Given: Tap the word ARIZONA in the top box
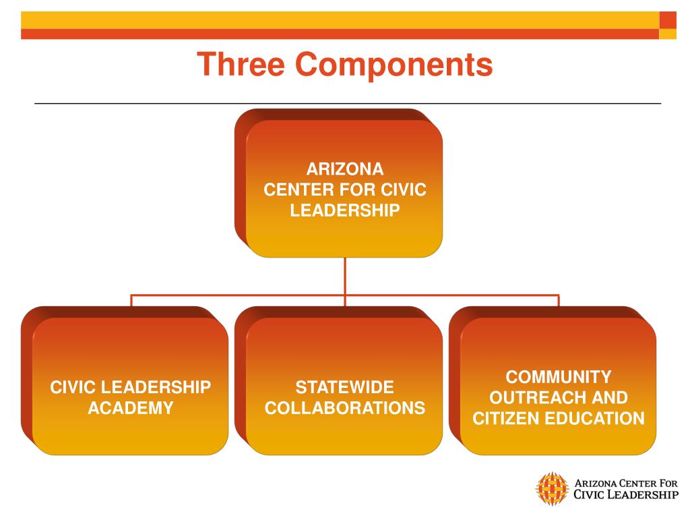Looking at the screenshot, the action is [345, 169].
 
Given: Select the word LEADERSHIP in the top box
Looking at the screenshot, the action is [345, 210].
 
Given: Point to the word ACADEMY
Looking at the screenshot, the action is [131, 408].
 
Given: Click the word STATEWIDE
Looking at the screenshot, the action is [345, 388].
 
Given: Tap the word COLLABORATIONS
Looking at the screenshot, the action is [345, 408].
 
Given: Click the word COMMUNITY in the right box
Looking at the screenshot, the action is [559, 376].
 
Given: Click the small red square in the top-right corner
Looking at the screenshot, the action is [667, 20].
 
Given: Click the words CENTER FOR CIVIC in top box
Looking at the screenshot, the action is [345, 190].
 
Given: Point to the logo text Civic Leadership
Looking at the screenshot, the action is [626, 495].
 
